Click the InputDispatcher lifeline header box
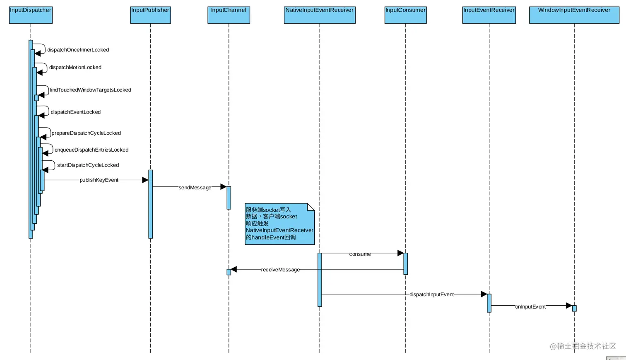(31, 15)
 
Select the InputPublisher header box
(150, 15)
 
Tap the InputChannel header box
(229, 15)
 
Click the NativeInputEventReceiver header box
(320, 15)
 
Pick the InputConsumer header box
(405, 15)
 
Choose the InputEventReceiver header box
(489, 15)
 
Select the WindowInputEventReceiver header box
(574, 15)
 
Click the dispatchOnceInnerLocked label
(78, 50)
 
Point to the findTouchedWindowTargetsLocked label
(90, 90)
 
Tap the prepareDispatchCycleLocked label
(86, 133)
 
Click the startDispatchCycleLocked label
(88, 165)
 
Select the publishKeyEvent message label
(99, 180)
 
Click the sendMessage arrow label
(195, 188)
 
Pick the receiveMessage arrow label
(280, 270)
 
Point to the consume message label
(360, 254)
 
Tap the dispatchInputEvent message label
(431, 295)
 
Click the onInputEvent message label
(530, 307)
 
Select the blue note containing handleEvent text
(279, 224)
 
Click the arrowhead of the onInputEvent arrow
(569, 306)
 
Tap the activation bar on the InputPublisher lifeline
(151, 204)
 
